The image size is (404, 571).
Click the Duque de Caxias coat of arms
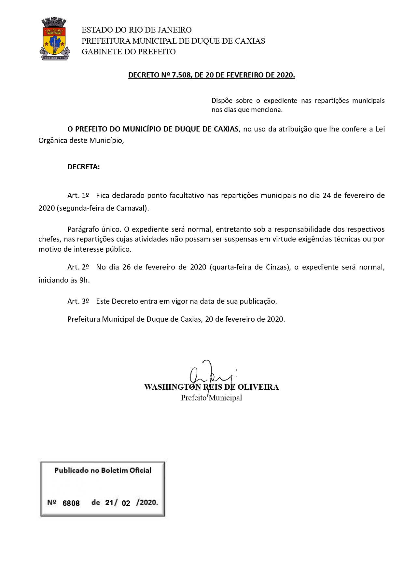pos(55,39)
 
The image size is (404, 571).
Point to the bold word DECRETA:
pos(84,167)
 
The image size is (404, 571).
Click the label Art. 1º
pos(78,196)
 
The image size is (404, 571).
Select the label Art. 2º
pos(78,267)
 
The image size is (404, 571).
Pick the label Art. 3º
pos(78,301)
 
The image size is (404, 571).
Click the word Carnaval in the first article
pos(133,208)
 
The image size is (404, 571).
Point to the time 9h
pos(84,280)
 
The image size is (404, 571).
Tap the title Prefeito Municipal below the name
pos(211,398)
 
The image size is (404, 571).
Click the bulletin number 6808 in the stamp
pos(71,503)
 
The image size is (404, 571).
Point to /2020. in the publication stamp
pos(147,502)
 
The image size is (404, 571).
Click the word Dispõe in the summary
pos(222,101)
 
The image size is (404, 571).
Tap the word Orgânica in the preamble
pos(53,141)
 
